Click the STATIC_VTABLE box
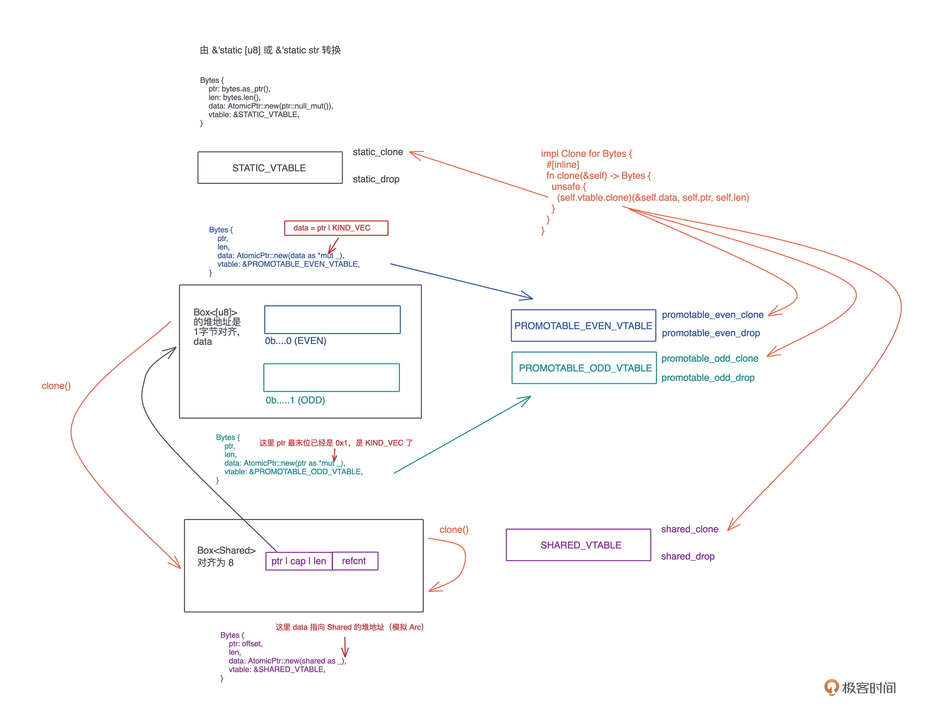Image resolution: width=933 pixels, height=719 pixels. tap(270, 168)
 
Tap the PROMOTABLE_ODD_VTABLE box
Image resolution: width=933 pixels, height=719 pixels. tap(584, 368)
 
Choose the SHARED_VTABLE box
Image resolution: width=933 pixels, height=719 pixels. tap(578, 545)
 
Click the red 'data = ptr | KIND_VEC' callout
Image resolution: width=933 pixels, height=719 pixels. tap(336, 228)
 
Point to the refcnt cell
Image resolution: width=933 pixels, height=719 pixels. tap(354, 561)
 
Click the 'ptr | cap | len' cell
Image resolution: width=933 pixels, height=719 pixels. tap(298, 561)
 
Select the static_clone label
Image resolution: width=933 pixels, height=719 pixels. tap(378, 152)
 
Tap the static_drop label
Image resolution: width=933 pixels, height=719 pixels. tap(376, 179)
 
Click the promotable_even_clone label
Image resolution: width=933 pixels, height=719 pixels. tap(712, 315)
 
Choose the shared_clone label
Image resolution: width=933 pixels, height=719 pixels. tap(689, 529)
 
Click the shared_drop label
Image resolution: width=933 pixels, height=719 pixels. tap(687, 556)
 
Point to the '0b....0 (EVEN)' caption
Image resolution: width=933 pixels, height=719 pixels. tap(295, 341)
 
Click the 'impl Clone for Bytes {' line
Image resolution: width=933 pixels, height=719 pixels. tap(586, 154)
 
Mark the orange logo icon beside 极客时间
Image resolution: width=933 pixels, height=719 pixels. tap(831, 687)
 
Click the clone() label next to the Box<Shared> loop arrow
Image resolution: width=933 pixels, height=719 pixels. tap(454, 530)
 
